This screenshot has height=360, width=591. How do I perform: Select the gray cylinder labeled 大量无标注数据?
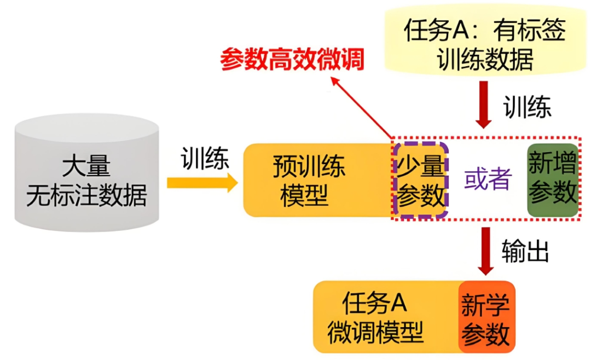coord(87,175)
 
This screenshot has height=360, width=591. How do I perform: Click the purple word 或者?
coord(488,179)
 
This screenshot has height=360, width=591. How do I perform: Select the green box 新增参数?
coord(552,179)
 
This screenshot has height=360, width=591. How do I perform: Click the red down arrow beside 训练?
coord(484,104)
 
